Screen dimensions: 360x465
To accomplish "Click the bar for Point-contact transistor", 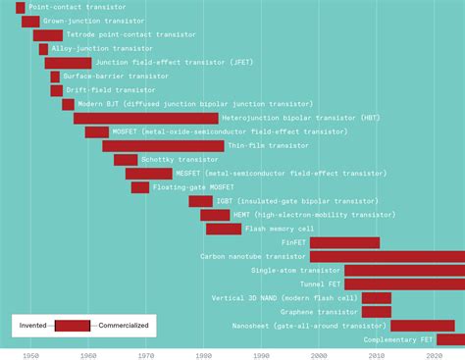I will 21,7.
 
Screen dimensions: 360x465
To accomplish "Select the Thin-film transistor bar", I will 163,145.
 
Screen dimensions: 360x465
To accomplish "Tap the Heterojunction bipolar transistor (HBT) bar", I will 145,118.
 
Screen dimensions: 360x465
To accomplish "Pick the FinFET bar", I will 344,242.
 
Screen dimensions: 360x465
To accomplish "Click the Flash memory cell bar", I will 224,229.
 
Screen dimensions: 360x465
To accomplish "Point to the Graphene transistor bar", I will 376,312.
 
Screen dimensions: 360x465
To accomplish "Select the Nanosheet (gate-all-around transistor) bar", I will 422,326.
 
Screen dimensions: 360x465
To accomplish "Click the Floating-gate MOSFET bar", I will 140,187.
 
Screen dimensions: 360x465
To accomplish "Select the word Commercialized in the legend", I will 121,325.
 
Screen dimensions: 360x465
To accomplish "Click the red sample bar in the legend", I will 73,325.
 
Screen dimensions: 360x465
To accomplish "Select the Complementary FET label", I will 398,339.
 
